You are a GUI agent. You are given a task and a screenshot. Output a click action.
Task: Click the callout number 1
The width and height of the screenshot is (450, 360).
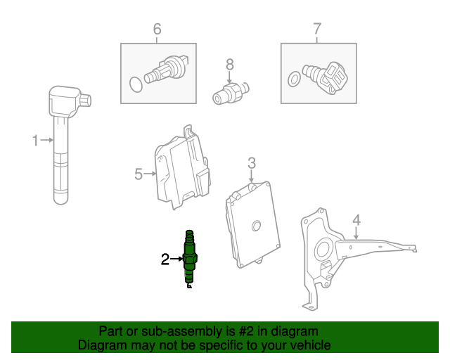[35, 141]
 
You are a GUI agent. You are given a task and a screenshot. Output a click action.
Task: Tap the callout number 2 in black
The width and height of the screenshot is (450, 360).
[165, 259]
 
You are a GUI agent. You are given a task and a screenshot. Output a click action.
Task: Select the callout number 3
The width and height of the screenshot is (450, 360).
[252, 163]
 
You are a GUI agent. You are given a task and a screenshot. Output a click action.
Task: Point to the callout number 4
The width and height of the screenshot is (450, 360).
[356, 220]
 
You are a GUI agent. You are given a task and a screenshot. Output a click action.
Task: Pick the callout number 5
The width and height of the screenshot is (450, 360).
[139, 174]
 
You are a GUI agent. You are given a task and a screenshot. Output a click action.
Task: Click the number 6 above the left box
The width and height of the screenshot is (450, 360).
[157, 29]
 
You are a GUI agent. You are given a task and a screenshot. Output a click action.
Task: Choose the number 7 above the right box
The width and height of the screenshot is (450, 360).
[317, 29]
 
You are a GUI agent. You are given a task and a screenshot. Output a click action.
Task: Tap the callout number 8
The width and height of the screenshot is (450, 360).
[230, 65]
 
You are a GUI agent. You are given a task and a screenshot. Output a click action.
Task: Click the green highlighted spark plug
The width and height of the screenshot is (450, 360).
[190, 259]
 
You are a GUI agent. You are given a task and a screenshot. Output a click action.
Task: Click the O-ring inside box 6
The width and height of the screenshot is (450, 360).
[136, 84]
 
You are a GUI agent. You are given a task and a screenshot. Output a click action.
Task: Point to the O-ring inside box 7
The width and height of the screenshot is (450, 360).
[295, 79]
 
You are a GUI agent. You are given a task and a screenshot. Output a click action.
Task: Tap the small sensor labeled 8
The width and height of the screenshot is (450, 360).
[231, 93]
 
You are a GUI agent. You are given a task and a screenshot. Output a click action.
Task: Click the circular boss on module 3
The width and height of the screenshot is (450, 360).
[256, 226]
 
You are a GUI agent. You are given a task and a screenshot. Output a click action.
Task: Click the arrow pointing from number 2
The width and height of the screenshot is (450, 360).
[176, 259]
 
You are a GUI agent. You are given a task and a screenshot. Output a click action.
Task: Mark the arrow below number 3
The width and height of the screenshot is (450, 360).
[252, 176]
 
